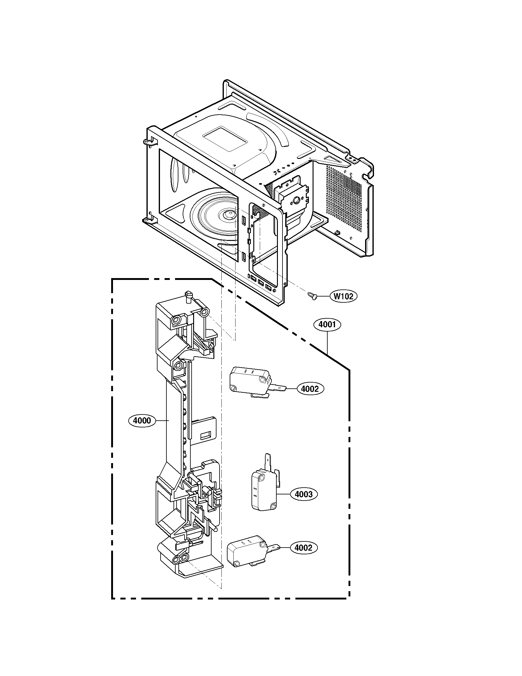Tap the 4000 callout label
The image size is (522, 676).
142,420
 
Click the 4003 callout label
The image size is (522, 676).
304,494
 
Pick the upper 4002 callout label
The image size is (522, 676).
310,389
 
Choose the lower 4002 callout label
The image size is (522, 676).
303,548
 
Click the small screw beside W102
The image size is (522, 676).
312,296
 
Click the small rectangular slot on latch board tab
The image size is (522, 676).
205,436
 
